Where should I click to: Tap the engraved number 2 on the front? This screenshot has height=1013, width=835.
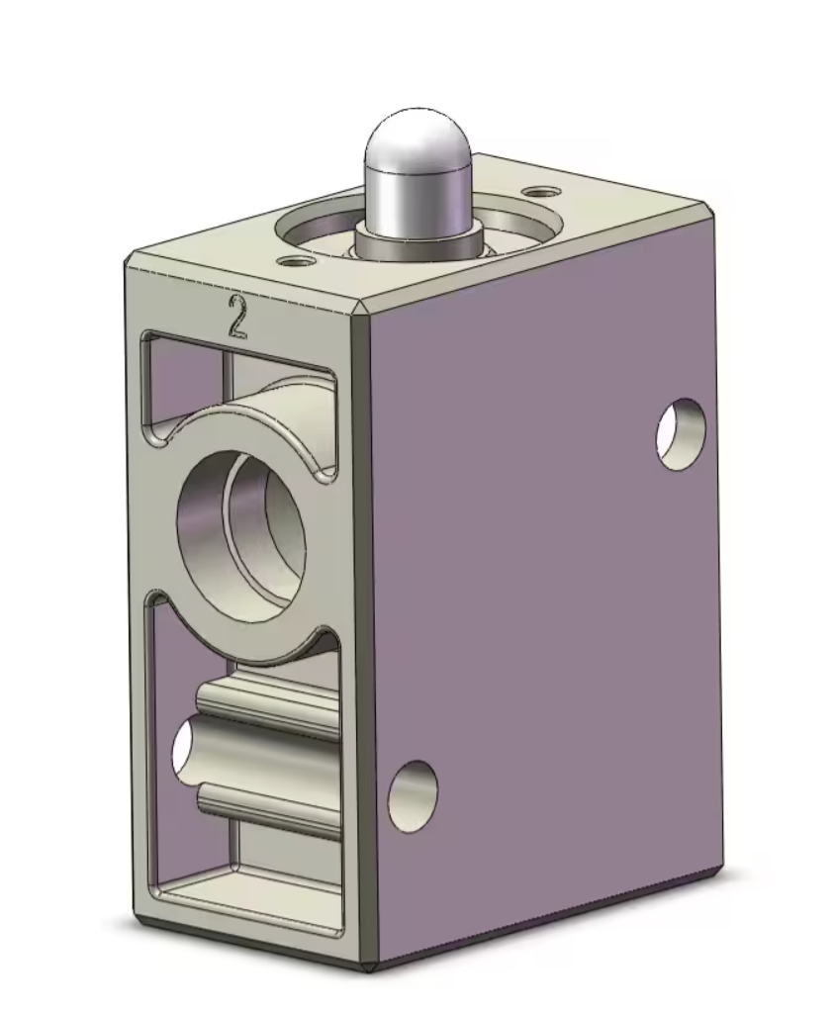[236, 317]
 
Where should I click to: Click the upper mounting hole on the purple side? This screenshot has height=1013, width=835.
[682, 433]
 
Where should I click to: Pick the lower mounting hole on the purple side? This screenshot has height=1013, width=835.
[413, 795]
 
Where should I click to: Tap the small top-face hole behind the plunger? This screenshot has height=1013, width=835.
[540, 191]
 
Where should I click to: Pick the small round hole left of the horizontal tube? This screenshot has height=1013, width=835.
[183, 748]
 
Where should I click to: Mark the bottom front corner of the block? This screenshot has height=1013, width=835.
[372, 967]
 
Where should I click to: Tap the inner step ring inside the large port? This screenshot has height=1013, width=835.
[259, 529]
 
